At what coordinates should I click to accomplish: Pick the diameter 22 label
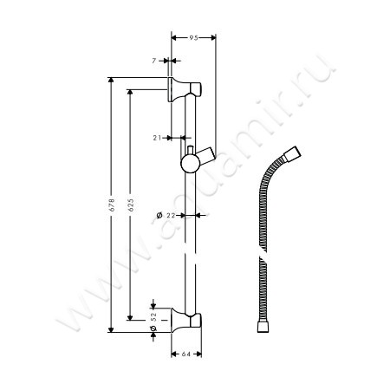[x=171, y=215]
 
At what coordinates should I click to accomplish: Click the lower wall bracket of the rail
[x=190, y=320]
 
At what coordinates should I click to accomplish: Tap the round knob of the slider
[x=188, y=164]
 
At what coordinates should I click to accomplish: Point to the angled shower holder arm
[x=205, y=155]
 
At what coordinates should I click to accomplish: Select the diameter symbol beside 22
[x=160, y=215]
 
